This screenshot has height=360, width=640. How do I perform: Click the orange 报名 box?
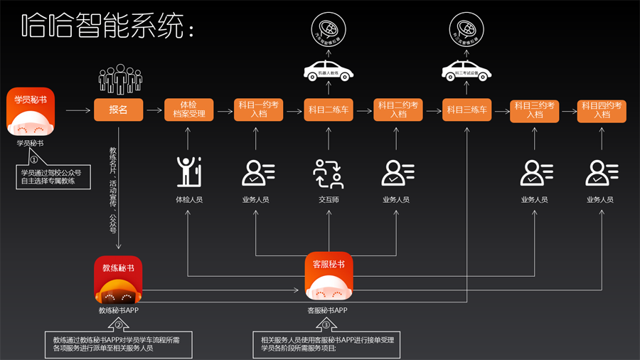coord(118,110)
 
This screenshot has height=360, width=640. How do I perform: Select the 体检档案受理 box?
coord(188,110)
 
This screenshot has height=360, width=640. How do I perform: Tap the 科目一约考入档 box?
coord(258,110)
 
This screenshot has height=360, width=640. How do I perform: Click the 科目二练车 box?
coord(329,110)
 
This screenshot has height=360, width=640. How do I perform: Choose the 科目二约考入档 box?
coord(398,110)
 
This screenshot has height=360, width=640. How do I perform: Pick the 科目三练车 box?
coord(467,110)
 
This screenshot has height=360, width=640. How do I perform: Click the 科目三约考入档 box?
coord(534,111)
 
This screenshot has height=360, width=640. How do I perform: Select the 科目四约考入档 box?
coord(602,111)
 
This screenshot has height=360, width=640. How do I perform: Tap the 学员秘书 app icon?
coord(31,112)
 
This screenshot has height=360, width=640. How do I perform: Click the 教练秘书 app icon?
coord(118,280)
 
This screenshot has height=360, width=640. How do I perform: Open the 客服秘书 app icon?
coord(329,277)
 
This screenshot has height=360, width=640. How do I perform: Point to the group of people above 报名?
coord(119,79)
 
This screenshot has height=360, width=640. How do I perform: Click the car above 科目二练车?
coord(329,70)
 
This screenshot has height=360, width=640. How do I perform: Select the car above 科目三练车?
coord(467,70)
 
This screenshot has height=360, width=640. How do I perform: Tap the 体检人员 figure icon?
coord(188,173)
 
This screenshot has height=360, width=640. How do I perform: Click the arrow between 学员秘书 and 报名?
coord(78,110)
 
